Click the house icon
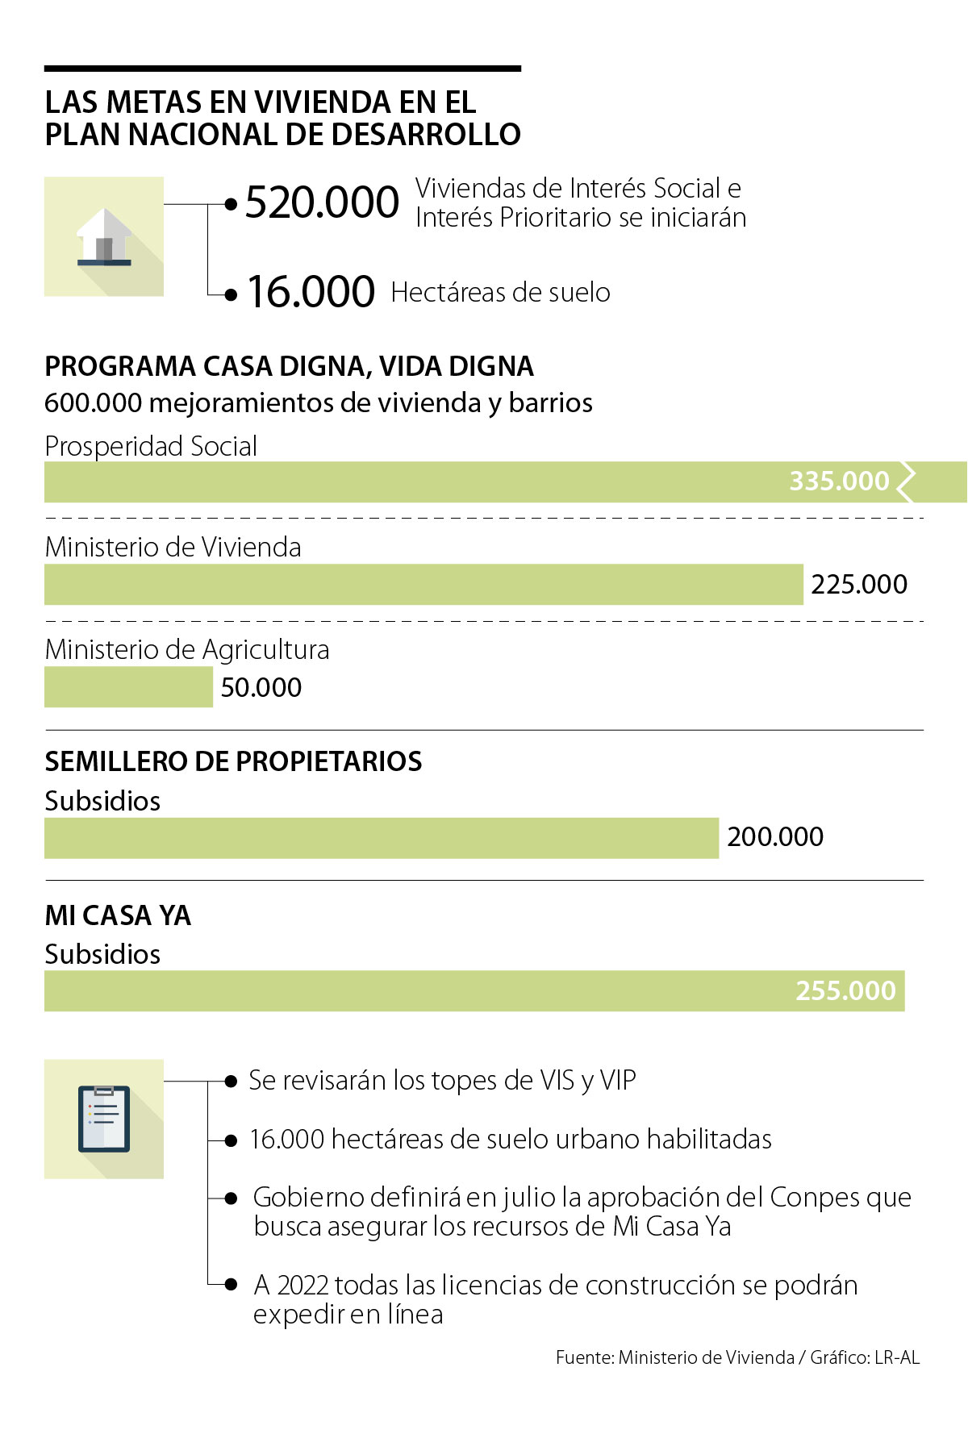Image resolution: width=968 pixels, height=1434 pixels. (x=104, y=237)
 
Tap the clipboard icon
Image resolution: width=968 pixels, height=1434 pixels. (x=104, y=1119)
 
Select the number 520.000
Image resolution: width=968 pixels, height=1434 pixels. (x=322, y=202)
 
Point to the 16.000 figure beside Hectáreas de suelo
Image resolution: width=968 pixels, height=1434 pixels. (x=311, y=292)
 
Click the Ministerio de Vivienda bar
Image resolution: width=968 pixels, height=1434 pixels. (x=423, y=585)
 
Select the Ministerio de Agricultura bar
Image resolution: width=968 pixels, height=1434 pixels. (x=128, y=687)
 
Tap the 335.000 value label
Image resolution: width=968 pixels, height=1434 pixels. (x=839, y=481)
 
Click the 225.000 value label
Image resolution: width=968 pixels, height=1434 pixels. (x=859, y=585)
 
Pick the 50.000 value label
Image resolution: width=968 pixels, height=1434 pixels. (x=261, y=688)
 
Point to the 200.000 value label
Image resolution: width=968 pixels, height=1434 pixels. (x=775, y=837)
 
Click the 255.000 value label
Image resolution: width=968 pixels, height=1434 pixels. (x=845, y=991)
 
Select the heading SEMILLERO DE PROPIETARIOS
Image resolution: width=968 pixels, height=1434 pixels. (x=233, y=761)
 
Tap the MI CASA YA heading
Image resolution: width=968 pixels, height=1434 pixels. (x=118, y=915)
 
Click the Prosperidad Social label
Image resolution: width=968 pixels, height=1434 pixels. (x=151, y=446)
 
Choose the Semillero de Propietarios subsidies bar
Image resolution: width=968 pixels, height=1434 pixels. (x=381, y=838)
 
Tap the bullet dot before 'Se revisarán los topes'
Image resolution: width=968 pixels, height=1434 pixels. (x=232, y=1081)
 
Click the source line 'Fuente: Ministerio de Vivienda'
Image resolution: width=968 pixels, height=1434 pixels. (x=674, y=1357)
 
